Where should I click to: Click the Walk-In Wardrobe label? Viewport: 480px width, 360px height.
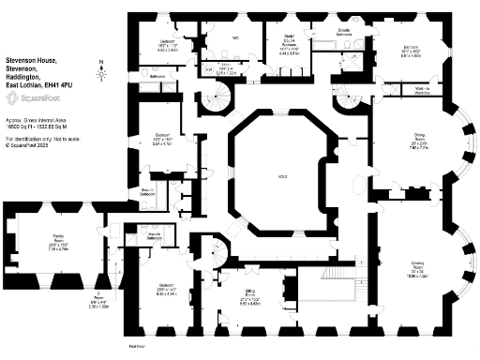pos(409,91)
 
